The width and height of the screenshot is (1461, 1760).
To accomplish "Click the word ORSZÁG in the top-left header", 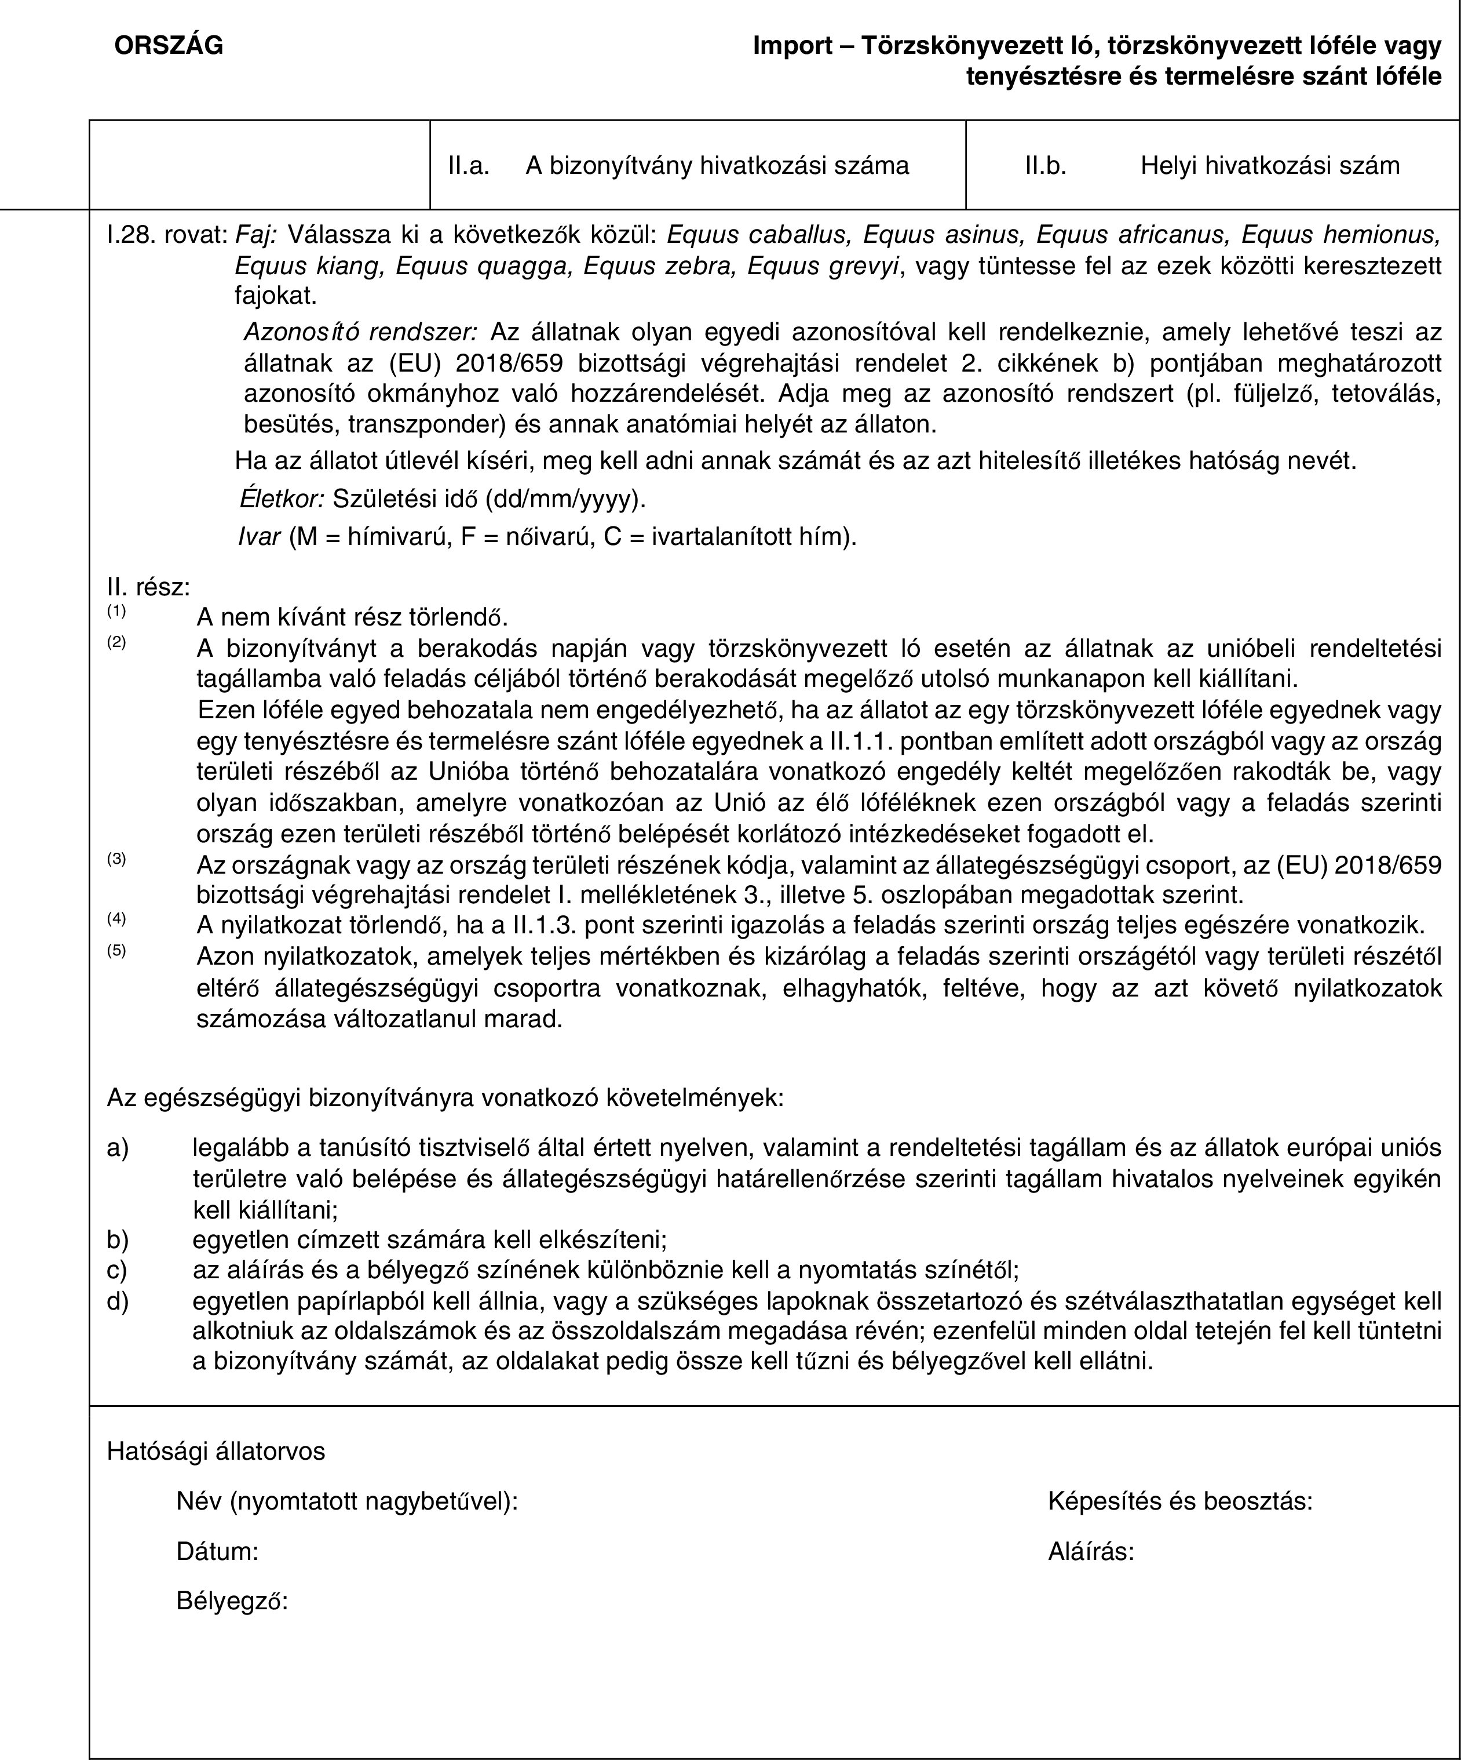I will pyautogui.click(x=169, y=46).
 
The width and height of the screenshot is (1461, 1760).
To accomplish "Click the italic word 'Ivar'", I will pyautogui.click(x=259, y=536).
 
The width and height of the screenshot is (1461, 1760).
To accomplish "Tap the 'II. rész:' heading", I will pyautogui.click(x=148, y=587).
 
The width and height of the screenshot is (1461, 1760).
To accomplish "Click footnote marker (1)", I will pyautogui.click(x=116, y=611).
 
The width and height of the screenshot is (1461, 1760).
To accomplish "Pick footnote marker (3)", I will pyautogui.click(x=116, y=858).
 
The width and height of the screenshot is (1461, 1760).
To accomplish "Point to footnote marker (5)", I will pyautogui.click(x=116, y=950).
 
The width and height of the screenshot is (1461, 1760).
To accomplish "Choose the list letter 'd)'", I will pyautogui.click(x=118, y=1301).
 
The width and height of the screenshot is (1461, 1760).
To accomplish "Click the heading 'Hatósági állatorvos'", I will pyautogui.click(x=216, y=1452).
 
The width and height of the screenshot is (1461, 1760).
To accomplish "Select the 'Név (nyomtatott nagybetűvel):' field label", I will pyautogui.click(x=347, y=1501).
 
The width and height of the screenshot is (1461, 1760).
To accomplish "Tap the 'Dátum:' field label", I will pyautogui.click(x=217, y=1551).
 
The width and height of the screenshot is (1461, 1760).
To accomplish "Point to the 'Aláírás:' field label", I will pyautogui.click(x=1091, y=1551).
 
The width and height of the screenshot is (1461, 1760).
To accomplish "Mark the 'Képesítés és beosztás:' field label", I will pyautogui.click(x=1179, y=1501).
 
